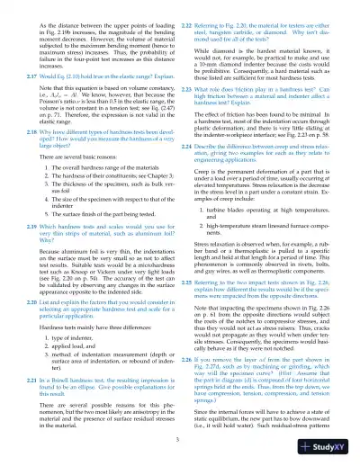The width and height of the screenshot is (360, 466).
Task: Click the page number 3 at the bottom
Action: tap(179, 438)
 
